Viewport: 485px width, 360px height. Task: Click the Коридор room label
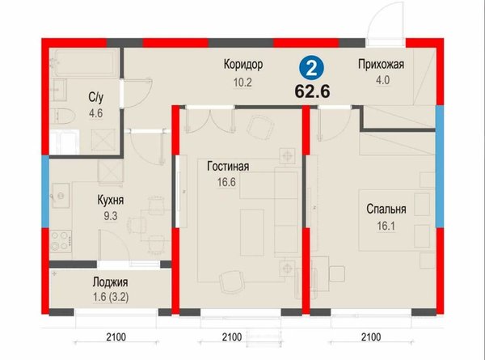(243, 65)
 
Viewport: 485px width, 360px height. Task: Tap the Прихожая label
(381, 65)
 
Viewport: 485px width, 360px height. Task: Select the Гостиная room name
(228, 166)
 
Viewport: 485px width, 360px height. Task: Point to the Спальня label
(386, 209)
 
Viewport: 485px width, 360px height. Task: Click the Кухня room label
(111, 200)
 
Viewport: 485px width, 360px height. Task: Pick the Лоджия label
(110, 282)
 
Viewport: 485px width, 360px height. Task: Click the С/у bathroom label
(96, 98)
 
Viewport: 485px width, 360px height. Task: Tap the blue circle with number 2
(311, 69)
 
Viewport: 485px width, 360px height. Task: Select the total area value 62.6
(312, 91)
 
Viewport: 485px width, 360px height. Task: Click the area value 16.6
(226, 182)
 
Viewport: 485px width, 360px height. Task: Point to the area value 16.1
(386, 226)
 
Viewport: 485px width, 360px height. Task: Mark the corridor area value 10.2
(242, 83)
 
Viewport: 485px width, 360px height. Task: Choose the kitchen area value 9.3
(111, 216)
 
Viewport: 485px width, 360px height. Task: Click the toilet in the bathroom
(64, 116)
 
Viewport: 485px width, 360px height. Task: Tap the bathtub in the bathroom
(84, 62)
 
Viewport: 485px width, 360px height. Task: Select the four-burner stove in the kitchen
(61, 241)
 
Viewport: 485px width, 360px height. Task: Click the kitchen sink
(61, 195)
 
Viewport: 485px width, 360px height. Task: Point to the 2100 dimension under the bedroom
(371, 337)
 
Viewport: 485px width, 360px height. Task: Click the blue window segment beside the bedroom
(440, 167)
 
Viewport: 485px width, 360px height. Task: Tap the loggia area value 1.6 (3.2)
(111, 297)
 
